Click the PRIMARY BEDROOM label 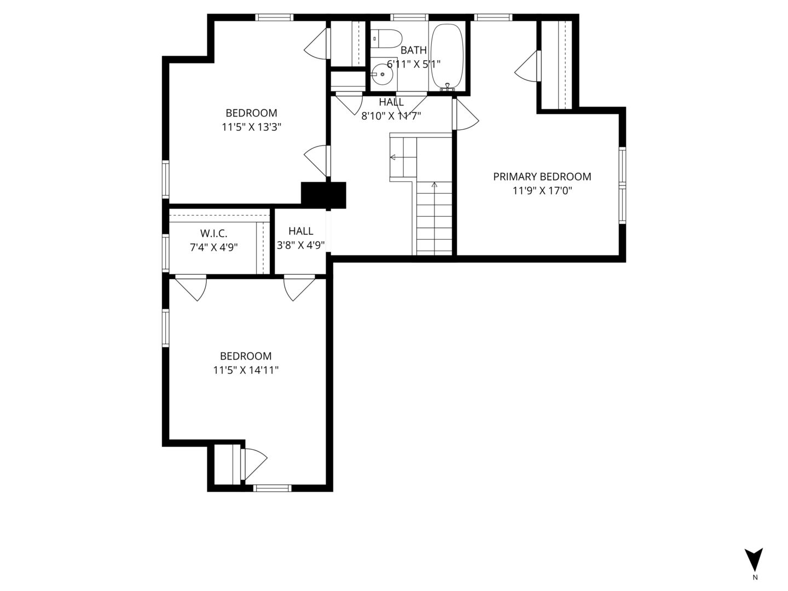542,177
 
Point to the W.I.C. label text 213,234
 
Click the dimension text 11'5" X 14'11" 246,370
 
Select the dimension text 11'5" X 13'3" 251,127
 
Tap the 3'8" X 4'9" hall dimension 301,245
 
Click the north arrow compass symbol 754,559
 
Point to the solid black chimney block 324,195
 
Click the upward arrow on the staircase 434,186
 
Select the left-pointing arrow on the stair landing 393,158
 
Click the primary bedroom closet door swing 526,67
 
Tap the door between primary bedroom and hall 465,115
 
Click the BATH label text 413,50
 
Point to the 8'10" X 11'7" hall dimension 391,115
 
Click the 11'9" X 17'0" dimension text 542,191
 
